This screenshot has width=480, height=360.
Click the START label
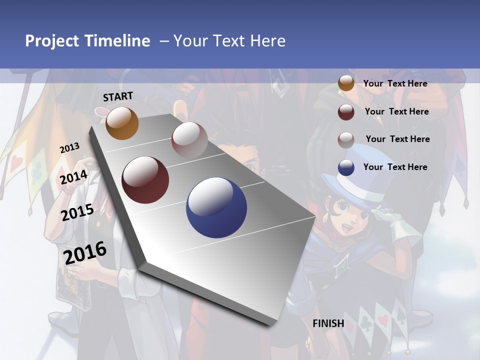click(118, 96)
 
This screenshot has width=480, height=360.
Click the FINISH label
click(328, 323)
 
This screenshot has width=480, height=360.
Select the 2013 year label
click(69, 148)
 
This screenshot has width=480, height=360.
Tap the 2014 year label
click(74, 177)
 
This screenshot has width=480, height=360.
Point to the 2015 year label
click(77, 212)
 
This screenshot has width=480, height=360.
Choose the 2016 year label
click(85, 253)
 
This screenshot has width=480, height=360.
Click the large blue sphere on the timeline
click(216, 207)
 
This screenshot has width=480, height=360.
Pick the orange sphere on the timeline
click(122, 123)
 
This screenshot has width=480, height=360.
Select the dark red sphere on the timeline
click(145, 179)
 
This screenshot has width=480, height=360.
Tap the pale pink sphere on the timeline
click(189, 139)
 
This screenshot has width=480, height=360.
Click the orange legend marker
click(346, 83)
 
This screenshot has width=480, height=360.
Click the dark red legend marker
click(346, 111)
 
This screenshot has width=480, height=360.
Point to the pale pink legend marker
click(346, 139)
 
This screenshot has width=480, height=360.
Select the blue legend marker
click(346, 167)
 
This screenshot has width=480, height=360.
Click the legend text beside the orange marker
click(395, 83)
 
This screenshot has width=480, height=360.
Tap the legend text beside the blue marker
click(395, 167)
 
